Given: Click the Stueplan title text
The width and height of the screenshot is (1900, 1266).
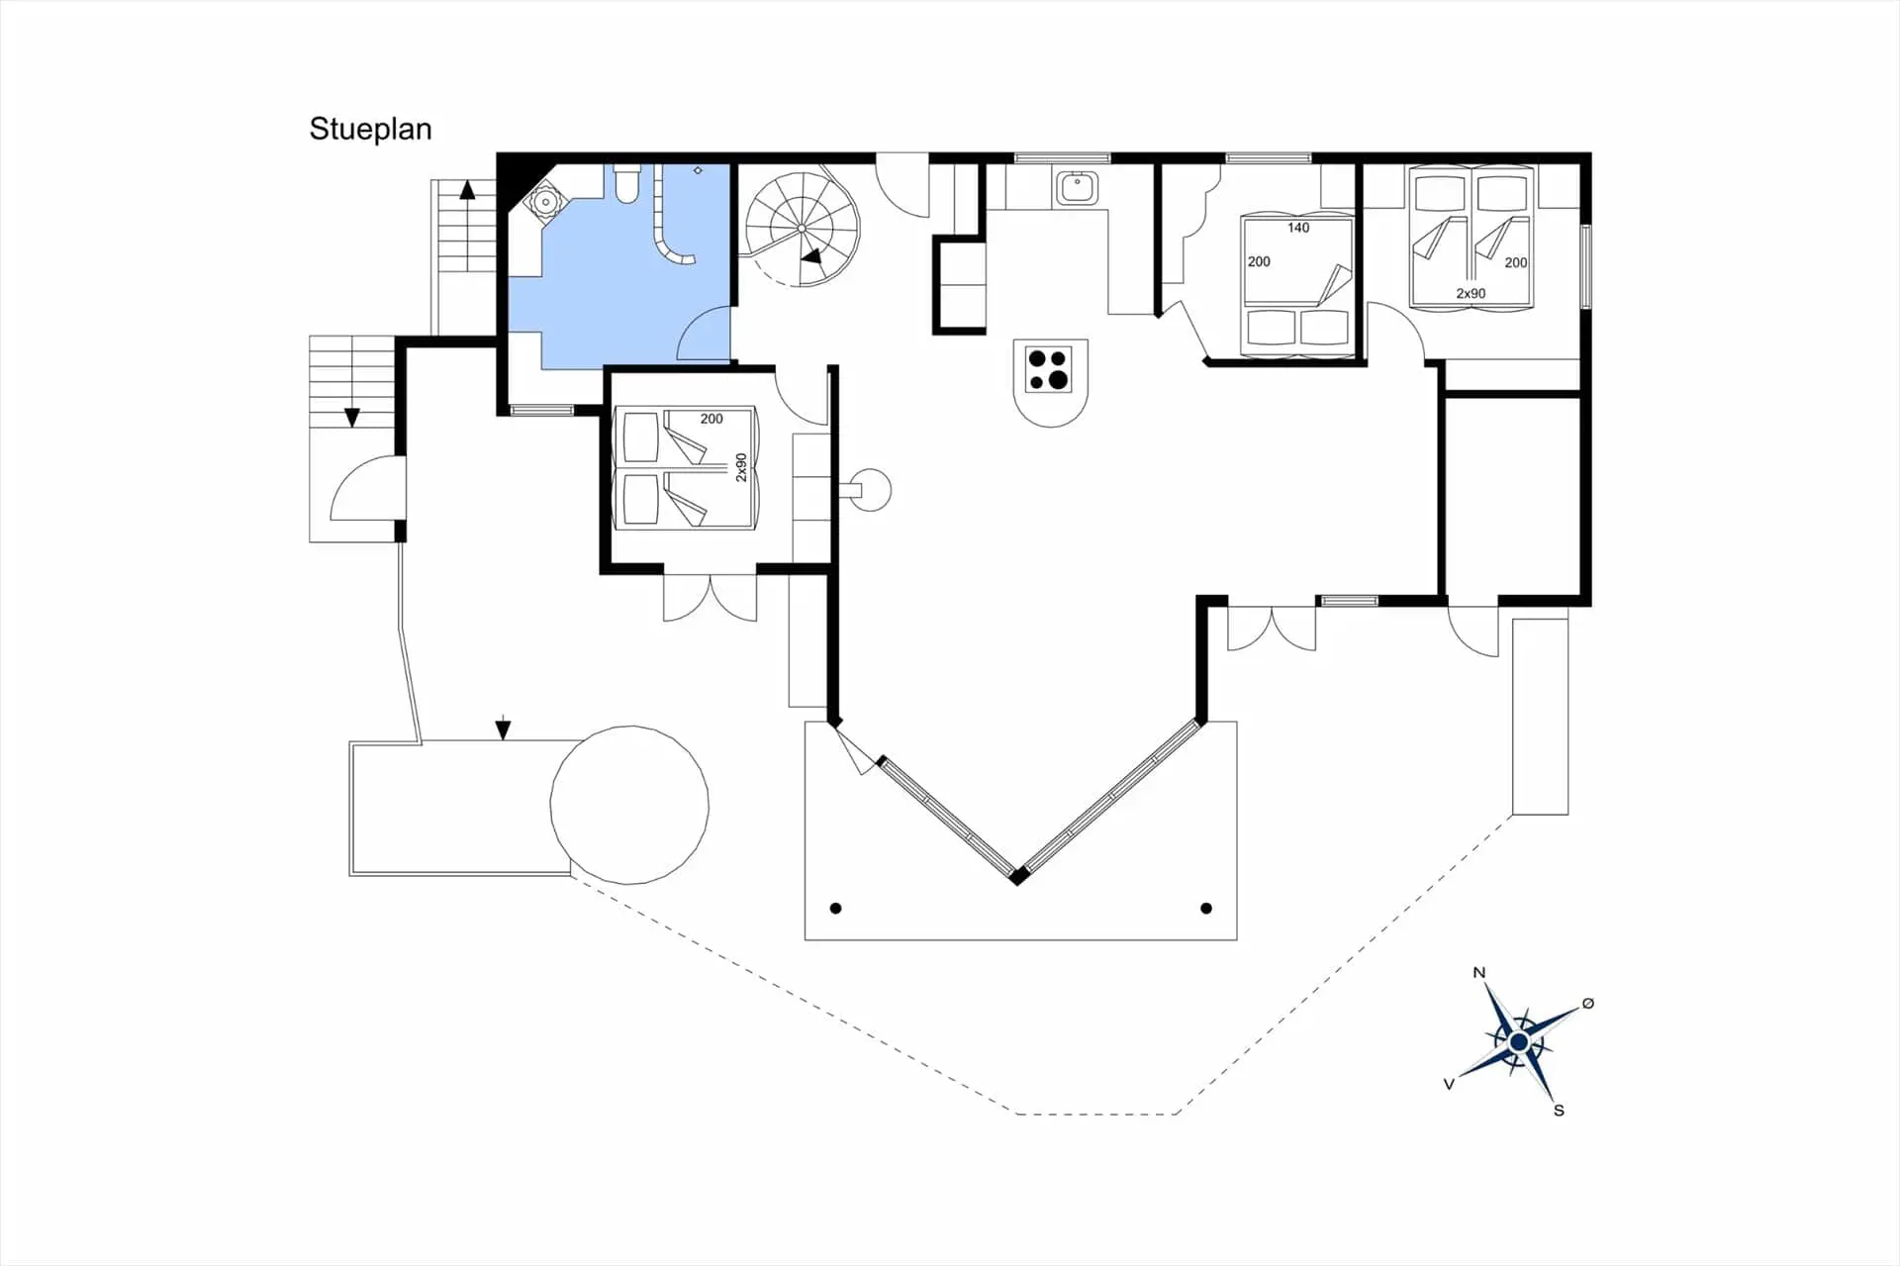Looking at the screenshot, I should pyautogui.click(x=370, y=130).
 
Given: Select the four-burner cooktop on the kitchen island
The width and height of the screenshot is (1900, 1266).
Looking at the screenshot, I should pyautogui.click(x=1049, y=369).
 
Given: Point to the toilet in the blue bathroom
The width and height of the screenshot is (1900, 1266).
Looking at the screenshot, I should pyautogui.click(x=627, y=184).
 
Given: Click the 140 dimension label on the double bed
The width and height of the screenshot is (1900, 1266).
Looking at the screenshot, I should pyautogui.click(x=1298, y=228).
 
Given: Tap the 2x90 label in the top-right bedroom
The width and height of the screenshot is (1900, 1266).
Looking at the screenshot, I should pyautogui.click(x=1471, y=293).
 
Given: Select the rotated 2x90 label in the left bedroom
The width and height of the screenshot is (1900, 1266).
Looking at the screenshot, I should pyautogui.click(x=741, y=468).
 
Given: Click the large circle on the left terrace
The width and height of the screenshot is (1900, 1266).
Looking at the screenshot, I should pyautogui.click(x=629, y=805).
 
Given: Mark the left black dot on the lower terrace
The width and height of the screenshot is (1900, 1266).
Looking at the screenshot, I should pyautogui.click(x=836, y=908).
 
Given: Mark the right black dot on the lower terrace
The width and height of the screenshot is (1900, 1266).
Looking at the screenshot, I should pyautogui.click(x=1206, y=908).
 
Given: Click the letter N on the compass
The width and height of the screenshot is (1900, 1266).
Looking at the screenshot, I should pyautogui.click(x=1479, y=972).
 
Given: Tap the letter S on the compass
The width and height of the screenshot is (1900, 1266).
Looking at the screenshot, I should pyautogui.click(x=1559, y=1111).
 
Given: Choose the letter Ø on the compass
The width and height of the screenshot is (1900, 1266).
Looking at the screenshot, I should pyautogui.click(x=1588, y=1003).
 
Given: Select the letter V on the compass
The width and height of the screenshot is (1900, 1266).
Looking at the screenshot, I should pyautogui.click(x=1449, y=1084).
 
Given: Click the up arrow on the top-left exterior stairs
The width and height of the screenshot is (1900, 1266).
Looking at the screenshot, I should pyautogui.click(x=467, y=189).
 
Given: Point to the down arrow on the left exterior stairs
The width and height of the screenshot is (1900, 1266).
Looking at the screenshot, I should pyautogui.click(x=351, y=417).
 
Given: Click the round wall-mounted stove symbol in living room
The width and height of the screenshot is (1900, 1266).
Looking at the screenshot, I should pyautogui.click(x=872, y=490).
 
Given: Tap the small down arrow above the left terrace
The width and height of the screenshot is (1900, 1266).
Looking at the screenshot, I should pyautogui.click(x=503, y=729).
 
